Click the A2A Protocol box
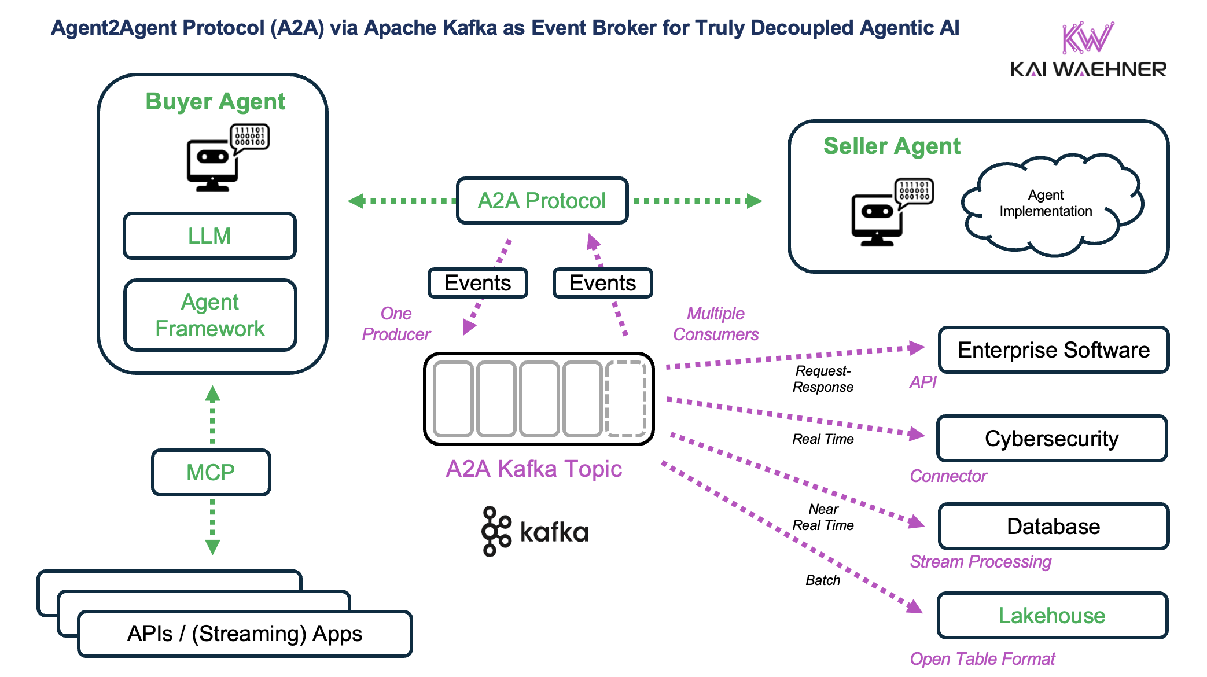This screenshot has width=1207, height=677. tap(542, 201)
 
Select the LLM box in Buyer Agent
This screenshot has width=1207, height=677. tap(209, 236)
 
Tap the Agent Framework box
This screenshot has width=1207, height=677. tap(210, 315)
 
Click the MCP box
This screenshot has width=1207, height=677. tap(211, 472)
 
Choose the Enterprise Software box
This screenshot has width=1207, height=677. tap(1053, 350)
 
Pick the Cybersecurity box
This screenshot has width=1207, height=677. tap(1051, 439)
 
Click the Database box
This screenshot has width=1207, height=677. tap(1053, 527)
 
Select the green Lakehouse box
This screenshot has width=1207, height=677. tap(1051, 615)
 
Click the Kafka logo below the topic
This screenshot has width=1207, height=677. tap(535, 531)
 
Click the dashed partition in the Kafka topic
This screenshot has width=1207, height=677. tap(625, 399)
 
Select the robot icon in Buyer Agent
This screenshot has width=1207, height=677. tap(227, 157)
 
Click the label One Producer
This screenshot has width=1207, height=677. tap(396, 323)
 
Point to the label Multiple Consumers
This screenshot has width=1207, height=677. tap(715, 323)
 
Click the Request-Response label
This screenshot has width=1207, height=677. tap(822, 379)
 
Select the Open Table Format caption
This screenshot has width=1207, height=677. tap(982, 658)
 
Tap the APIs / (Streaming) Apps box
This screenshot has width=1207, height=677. tap(244, 634)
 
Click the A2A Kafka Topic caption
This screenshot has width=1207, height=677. tap(533, 469)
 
